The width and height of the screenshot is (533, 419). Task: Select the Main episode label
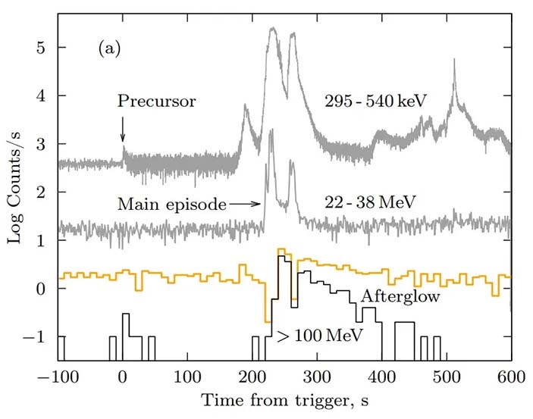[171, 203]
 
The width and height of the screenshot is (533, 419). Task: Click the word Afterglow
[400, 296]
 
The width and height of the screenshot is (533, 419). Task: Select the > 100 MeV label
[316, 333]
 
